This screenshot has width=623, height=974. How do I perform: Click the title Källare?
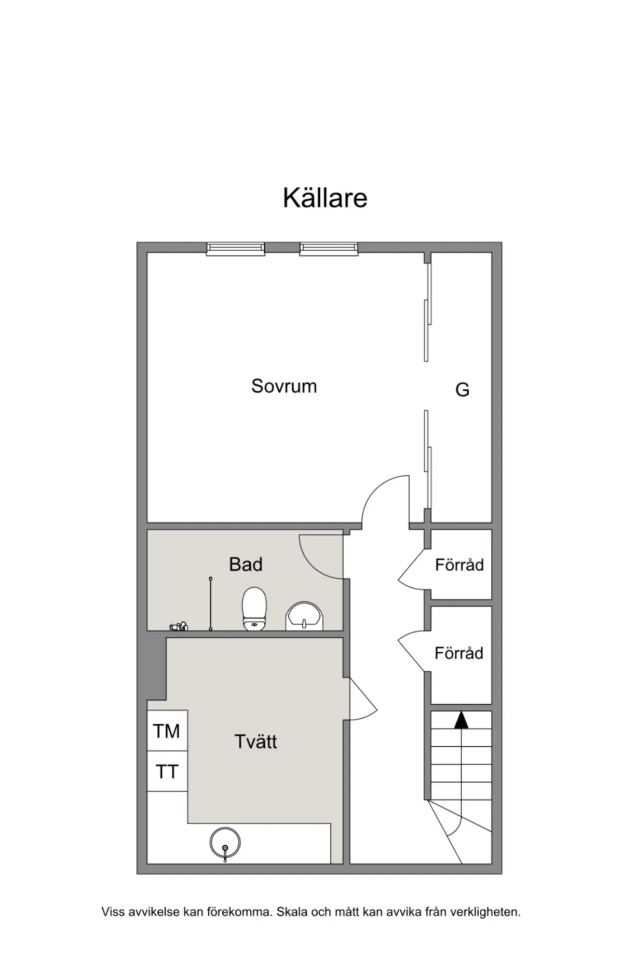(x=325, y=198)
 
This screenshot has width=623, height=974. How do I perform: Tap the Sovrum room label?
(x=284, y=386)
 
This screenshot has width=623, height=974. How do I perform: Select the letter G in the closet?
(x=462, y=389)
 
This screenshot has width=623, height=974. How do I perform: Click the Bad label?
(x=246, y=564)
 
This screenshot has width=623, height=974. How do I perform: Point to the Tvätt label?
(x=255, y=741)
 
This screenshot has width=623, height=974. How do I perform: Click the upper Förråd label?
(x=459, y=564)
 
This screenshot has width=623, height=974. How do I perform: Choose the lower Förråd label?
(x=459, y=652)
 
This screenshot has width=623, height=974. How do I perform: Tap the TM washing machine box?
(x=167, y=731)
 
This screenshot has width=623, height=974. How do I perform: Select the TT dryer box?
(x=167, y=771)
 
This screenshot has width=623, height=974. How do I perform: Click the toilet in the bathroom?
(x=254, y=609)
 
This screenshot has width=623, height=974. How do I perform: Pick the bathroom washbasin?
(x=304, y=616)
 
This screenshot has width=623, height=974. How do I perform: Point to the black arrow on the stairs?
(x=461, y=721)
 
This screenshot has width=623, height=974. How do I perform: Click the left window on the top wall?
(x=236, y=249)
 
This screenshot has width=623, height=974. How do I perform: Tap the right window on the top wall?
(x=329, y=249)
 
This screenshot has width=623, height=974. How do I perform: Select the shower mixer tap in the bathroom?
(x=178, y=626)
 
